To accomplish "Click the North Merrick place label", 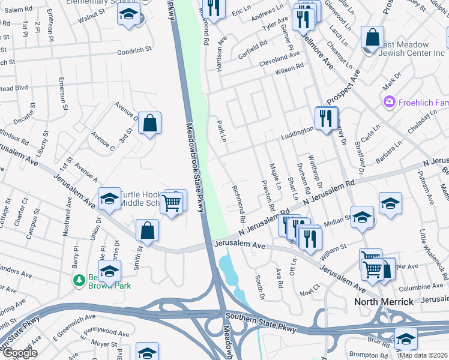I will (384, 301).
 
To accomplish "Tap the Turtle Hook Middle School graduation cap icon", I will (109, 200).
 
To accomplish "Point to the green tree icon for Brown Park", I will (78, 280).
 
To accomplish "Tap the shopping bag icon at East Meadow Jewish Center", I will (373, 38).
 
